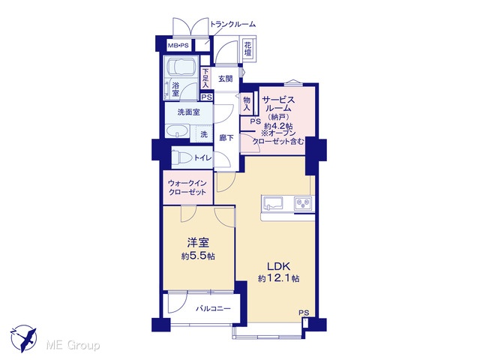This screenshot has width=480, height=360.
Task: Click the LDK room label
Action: click(278, 266)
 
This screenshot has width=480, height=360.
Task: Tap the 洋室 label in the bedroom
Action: click(198, 243)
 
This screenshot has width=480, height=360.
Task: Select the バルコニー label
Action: click(213, 308)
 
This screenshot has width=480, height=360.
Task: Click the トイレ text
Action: click(202, 158)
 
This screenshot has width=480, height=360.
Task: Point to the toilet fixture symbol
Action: click(181, 158)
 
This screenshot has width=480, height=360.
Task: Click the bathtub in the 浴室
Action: click(181, 67)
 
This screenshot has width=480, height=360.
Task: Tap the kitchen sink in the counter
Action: click(272, 203)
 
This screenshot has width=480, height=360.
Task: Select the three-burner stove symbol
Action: click(303, 203)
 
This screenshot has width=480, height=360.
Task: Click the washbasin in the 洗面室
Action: click(177, 132)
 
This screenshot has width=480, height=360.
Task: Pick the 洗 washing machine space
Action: click(204, 134)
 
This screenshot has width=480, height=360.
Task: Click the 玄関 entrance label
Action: click(225, 79)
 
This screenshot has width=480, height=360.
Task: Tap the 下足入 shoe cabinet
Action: click(205, 78)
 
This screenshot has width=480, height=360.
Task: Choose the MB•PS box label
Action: click(178, 46)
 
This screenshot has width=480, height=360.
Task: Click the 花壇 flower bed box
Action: click(248, 48)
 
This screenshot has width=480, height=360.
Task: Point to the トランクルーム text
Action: click(232, 24)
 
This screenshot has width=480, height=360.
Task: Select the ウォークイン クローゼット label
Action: click(187, 187)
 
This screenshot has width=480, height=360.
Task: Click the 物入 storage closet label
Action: click(247, 103)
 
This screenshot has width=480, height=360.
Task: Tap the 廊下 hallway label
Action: click(226, 138)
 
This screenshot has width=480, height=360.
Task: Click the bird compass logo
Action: click(24, 338)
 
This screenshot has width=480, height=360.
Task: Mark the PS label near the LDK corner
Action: click(304, 313)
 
